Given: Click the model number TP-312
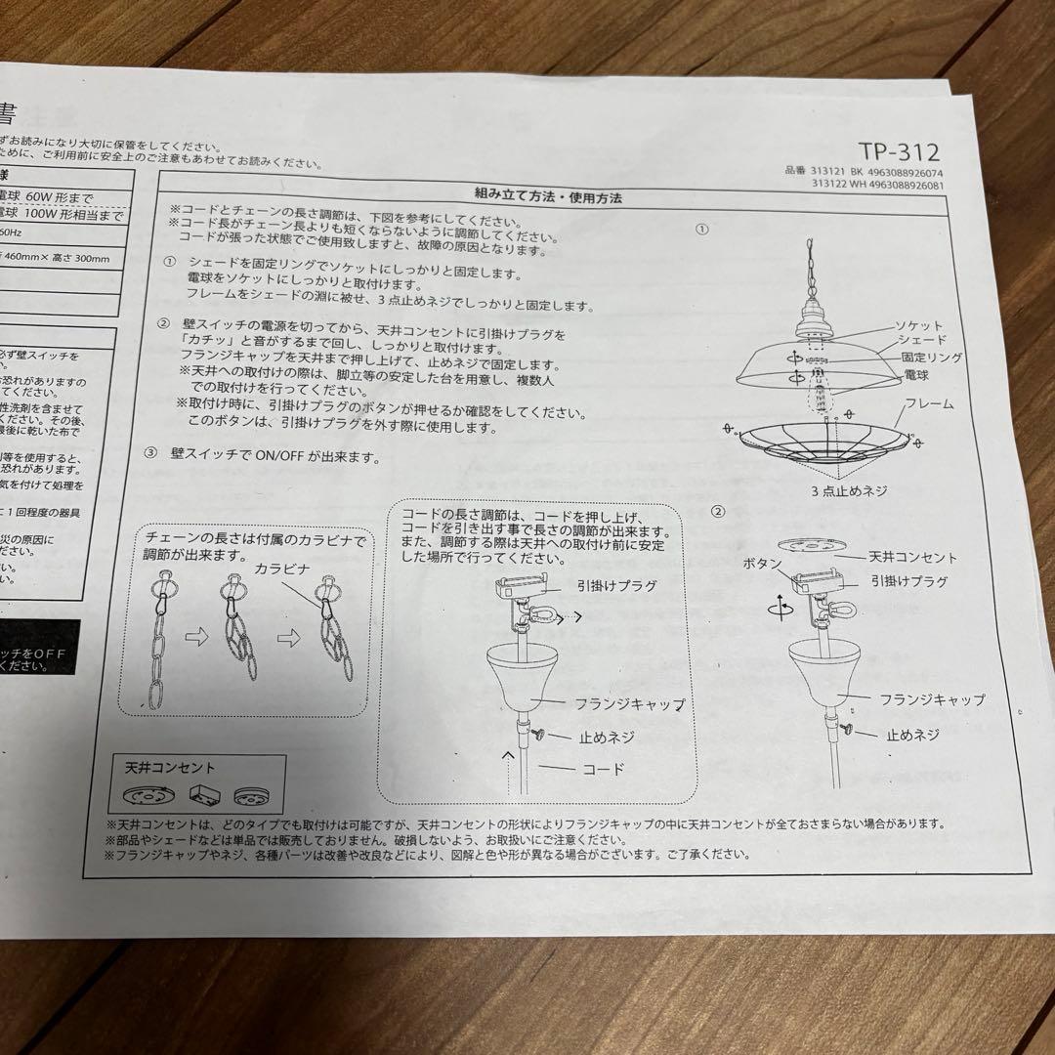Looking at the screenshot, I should click(899, 152).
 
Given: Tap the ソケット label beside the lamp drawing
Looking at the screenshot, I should click(919, 325).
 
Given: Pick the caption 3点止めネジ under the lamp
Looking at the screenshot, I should click(848, 490).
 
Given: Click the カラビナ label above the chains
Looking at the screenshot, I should click(284, 568).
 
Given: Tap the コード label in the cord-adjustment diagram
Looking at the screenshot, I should click(603, 769).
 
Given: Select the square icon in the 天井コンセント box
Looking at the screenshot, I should click(201, 795).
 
